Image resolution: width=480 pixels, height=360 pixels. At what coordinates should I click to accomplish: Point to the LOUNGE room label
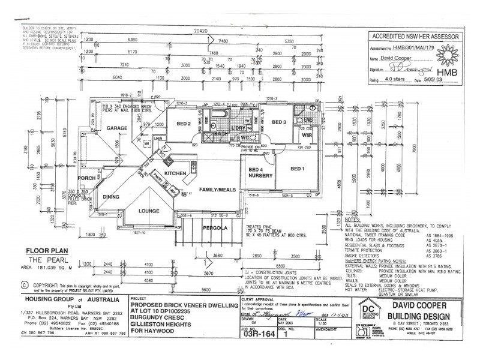[x=149, y=211]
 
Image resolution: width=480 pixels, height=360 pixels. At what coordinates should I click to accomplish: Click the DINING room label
[x=111, y=196]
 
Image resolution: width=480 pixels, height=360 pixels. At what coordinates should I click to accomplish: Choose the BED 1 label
[x=298, y=169]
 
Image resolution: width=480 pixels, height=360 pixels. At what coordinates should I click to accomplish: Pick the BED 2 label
[x=184, y=124]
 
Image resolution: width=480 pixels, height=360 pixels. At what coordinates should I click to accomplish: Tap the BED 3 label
[x=278, y=122]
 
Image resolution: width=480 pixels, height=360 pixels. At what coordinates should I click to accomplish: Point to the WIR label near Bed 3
[x=306, y=135]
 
